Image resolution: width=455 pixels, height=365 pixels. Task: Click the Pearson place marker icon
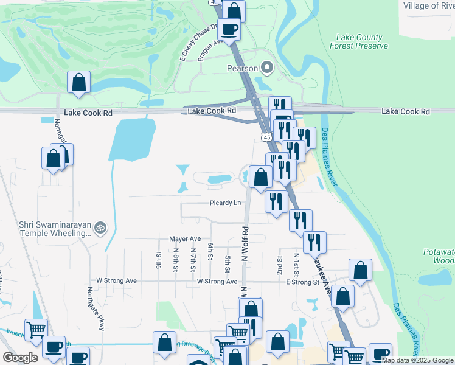point(266,68)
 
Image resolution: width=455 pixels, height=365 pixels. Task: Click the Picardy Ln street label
point(226,203)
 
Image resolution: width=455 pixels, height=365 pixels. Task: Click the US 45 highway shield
point(267,137)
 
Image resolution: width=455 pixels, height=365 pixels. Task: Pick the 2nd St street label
point(280,262)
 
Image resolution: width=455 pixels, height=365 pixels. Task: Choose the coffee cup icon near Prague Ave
point(229,29)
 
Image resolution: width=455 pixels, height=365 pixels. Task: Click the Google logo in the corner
point(20,357)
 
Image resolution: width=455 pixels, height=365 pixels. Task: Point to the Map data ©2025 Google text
point(417,360)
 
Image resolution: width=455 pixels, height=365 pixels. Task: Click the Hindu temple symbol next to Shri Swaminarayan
point(101,228)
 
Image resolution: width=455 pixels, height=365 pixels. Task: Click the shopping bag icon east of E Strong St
point(360,270)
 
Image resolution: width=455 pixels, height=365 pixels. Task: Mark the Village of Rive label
point(428,5)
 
